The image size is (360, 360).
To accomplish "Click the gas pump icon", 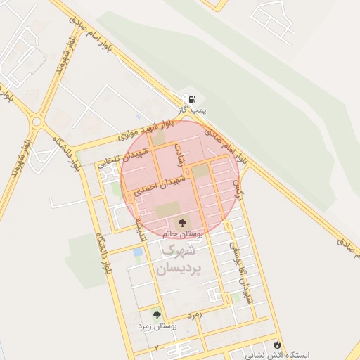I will point(191,99).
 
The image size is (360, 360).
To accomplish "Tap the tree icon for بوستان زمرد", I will point(156,315).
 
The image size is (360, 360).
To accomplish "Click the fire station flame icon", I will point(280,345).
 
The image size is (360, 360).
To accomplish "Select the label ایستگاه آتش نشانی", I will point(288,356).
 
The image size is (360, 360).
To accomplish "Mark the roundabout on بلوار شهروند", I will point(37,122).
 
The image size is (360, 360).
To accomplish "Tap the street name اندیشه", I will point(140,228).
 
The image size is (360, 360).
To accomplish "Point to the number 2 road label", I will point(156,348).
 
